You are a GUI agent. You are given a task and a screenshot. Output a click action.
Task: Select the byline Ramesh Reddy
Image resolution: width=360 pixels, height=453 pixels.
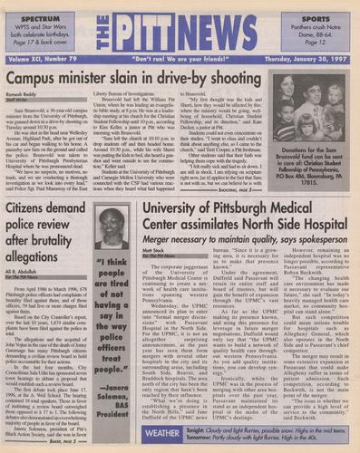tap(28, 95)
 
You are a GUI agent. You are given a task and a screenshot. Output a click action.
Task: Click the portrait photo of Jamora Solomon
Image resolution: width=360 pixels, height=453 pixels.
tap(112, 227)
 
